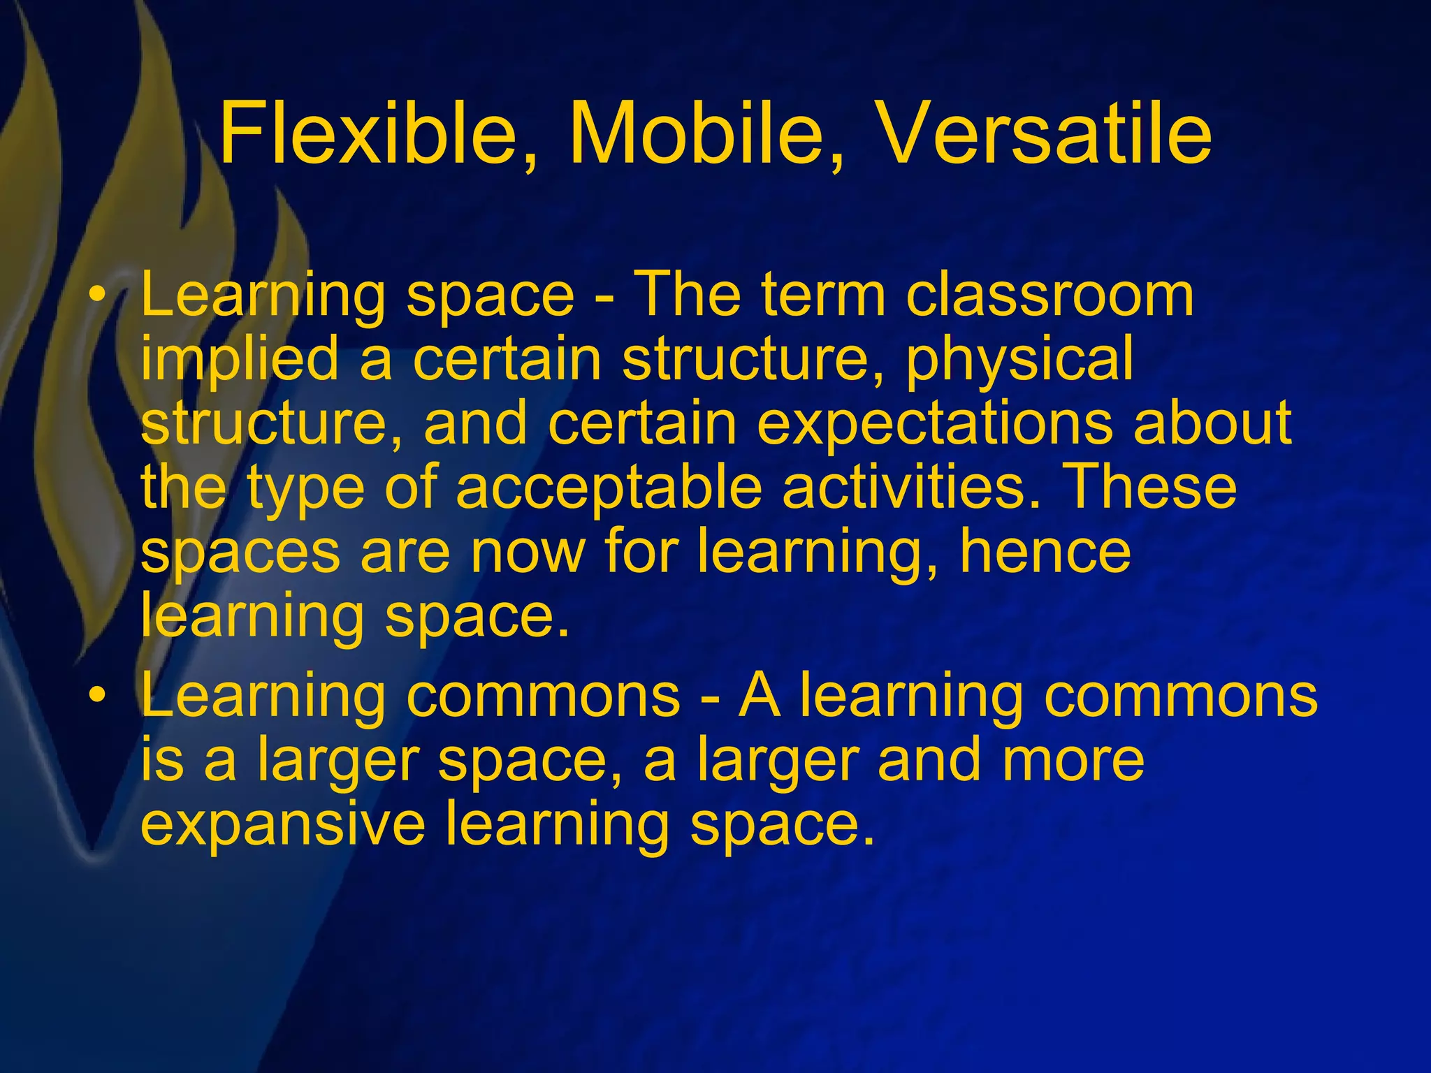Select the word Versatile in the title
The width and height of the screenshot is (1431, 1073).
tap(1044, 133)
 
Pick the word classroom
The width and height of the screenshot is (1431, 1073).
tap(1049, 295)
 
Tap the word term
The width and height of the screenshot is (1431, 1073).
tap(824, 295)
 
